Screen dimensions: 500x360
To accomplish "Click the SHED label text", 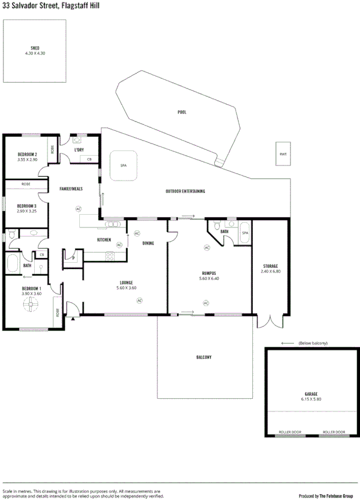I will (x=35, y=48).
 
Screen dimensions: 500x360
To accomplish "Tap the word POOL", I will (x=182, y=112).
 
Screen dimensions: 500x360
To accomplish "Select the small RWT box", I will (x=283, y=154).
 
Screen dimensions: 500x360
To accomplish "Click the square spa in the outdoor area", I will (x=123, y=165).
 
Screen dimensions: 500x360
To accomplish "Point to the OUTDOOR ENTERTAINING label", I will (x=185, y=191).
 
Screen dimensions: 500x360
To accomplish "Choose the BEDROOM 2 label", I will (x=27, y=154).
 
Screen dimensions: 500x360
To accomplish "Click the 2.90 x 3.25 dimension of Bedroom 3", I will (x=27, y=211).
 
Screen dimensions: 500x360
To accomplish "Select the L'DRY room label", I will (x=80, y=150).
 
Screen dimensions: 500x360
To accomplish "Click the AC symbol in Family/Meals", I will (x=78, y=208).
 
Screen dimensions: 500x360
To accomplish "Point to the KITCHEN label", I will (x=104, y=240).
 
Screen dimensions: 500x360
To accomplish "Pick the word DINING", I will (x=148, y=243).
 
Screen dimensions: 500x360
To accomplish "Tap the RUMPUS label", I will (x=209, y=273).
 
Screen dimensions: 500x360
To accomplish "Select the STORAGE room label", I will (x=270, y=266).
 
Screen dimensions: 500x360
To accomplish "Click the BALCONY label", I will (x=203, y=357).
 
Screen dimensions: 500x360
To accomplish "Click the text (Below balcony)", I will (x=313, y=343).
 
